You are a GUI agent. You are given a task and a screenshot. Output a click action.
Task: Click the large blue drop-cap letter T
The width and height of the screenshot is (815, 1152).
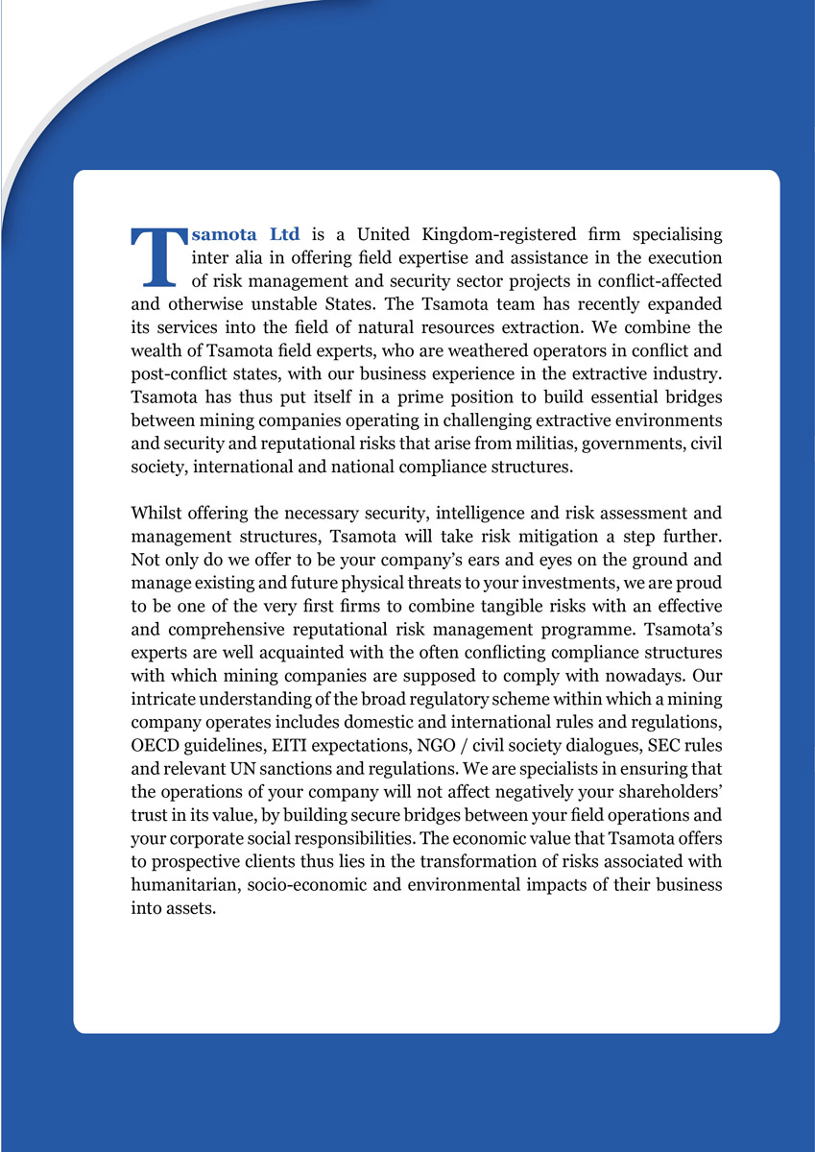(155, 257)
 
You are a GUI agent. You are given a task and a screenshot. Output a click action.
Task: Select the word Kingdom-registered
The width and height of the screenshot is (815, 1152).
(500, 234)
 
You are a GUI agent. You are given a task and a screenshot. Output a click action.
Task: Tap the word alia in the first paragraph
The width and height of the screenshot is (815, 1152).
(248, 257)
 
